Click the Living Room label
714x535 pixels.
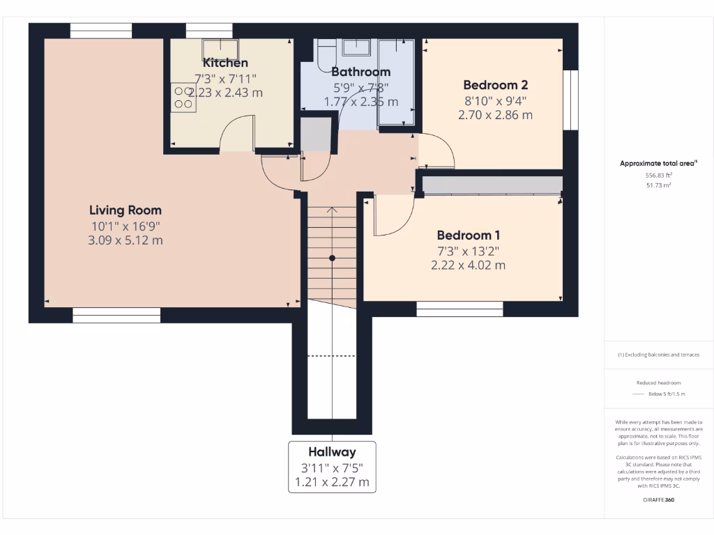pyautogui.click(x=126, y=210)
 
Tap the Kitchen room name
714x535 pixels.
pyautogui.click(x=225, y=63)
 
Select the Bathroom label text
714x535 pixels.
pyautogui.click(x=360, y=72)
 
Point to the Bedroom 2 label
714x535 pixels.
pyautogui.click(x=495, y=85)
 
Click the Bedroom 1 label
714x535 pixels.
pyautogui.click(x=468, y=235)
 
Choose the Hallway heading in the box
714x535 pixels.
pyautogui.click(x=332, y=452)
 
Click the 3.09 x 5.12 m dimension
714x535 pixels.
pyautogui.click(x=126, y=241)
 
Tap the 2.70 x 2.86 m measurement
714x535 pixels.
pyautogui.click(x=495, y=115)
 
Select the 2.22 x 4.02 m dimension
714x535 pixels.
pyautogui.click(x=468, y=265)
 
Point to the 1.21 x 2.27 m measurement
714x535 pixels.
pyautogui.click(x=332, y=482)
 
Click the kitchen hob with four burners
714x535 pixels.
pyautogui.click(x=183, y=97)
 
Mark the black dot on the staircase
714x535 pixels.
pyautogui.click(x=333, y=258)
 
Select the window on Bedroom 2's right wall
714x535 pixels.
pyautogui.click(x=571, y=100)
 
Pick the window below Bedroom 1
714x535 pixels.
pyautogui.click(x=459, y=309)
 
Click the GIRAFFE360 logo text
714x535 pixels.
pyautogui.click(x=659, y=500)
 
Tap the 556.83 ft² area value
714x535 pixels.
pyautogui.click(x=658, y=176)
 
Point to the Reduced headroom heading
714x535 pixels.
pyautogui.click(x=658, y=383)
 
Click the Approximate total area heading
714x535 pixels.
pyautogui.click(x=658, y=164)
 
